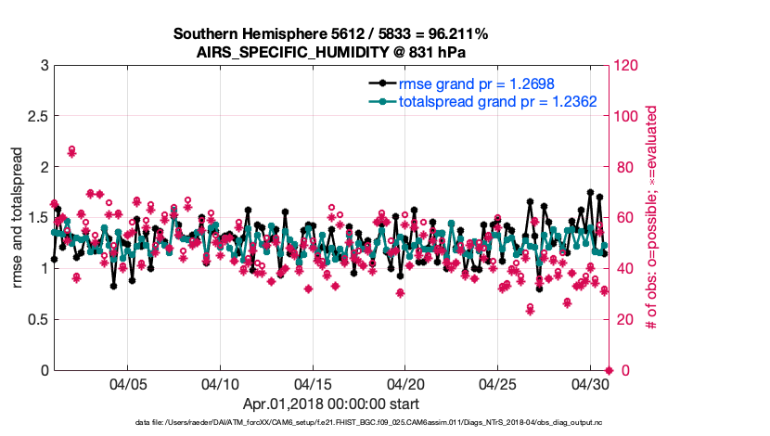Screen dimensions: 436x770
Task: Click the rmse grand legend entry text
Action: [476, 83]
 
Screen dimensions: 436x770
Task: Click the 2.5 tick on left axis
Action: [37, 116]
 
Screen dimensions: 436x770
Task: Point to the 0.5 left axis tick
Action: [37, 319]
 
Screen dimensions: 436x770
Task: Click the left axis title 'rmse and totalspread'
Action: [17, 217]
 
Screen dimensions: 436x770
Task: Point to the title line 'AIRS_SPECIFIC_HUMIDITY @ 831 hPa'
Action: [330, 52]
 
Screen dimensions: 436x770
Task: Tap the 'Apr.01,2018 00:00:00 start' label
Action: [330, 404]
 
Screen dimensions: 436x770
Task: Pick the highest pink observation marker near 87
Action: [71, 149]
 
